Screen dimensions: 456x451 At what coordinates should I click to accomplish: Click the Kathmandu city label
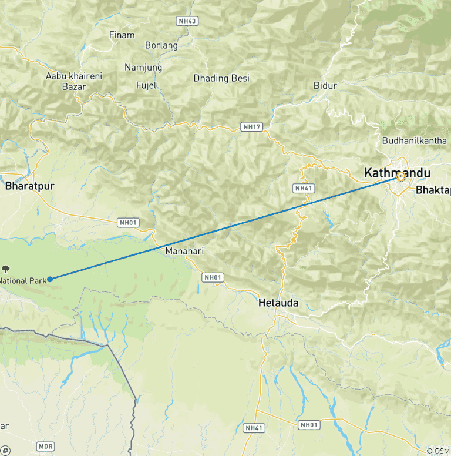pyautogui.click(x=397, y=173)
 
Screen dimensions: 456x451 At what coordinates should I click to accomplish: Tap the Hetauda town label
pyautogui.click(x=278, y=303)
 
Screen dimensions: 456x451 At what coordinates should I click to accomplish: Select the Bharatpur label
pyautogui.click(x=29, y=186)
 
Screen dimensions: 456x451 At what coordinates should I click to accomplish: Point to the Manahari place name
pyautogui.click(x=184, y=251)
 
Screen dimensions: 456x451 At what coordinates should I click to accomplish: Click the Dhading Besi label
pyautogui.click(x=221, y=78)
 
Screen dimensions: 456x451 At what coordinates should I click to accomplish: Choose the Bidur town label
pyautogui.click(x=325, y=86)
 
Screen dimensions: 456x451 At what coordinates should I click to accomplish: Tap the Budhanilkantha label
pyautogui.click(x=410, y=140)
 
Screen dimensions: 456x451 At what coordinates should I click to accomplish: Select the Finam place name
pyautogui.click(x=122, y=35)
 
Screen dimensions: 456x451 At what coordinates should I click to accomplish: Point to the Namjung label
pyautogui.click(x=143, y=68)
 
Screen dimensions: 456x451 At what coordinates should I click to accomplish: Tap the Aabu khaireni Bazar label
pyautogui.click(x=74, y=81)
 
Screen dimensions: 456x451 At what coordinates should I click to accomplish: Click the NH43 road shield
pyautogui.click(x=187, y=21)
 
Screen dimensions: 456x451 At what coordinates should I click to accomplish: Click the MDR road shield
pyautogui.click(x=45, y=447)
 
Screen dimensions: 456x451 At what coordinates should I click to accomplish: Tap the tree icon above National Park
pyautogui.click(x=6, y=269)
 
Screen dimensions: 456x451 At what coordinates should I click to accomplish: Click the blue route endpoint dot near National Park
pyautogui.click(x=50, y=279)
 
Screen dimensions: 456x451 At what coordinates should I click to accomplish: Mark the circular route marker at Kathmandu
pyautogui.click(x=401, y=176)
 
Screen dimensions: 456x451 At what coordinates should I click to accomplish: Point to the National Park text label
pyautogui.click(x=22, y=280)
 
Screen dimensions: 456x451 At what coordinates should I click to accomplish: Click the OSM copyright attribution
pyautogui.click(x=438, y=450)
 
